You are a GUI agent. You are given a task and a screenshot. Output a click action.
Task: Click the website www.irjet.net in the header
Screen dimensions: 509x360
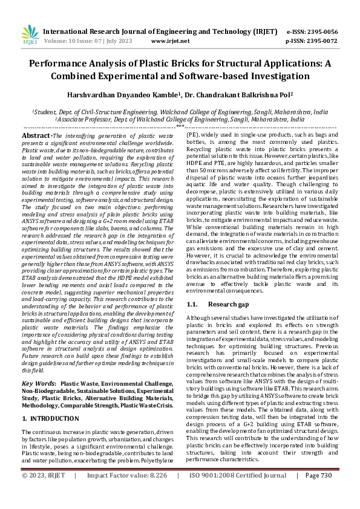click(170, 41)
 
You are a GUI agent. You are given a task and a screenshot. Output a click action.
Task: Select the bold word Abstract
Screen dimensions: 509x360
click(36, 136)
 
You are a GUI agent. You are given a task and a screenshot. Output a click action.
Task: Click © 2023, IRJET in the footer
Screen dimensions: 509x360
click(44, 492)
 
